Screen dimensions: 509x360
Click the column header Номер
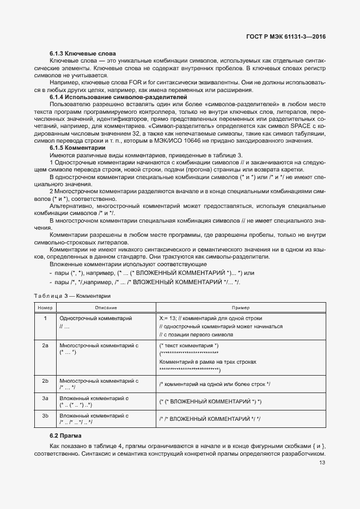click(45, 308)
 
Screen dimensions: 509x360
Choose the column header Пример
click(241, 308)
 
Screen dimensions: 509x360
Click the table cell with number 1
click(45, 318)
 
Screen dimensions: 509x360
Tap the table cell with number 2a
click(45, 346)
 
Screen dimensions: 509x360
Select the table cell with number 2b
click(45, 381)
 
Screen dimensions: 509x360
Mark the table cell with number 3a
click(45, 398)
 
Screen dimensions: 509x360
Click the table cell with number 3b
click(45, 416)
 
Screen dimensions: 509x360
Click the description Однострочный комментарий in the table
click(95, 318)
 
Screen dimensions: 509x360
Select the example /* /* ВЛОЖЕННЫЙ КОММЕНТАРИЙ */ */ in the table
click(210, 419)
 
